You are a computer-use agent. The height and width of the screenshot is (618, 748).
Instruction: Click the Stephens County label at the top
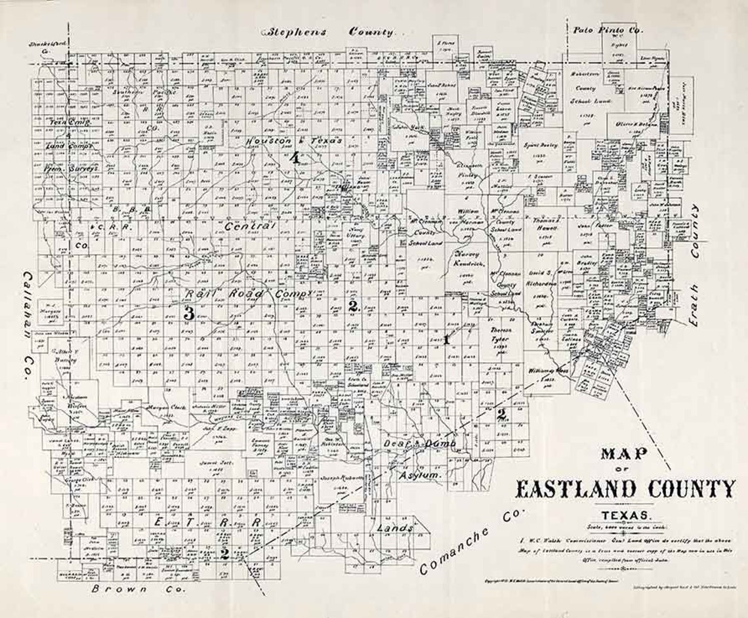point(330,31)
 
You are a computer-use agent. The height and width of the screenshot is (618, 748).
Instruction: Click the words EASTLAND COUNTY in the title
point(625,489)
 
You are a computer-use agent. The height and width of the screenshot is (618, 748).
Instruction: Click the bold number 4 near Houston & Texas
point(296,157)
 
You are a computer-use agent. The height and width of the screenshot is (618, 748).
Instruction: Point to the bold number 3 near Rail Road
point(188,314)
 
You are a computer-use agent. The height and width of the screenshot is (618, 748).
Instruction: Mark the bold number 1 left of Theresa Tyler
point(446,339)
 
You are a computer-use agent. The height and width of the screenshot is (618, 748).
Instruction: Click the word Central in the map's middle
point(249,227)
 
